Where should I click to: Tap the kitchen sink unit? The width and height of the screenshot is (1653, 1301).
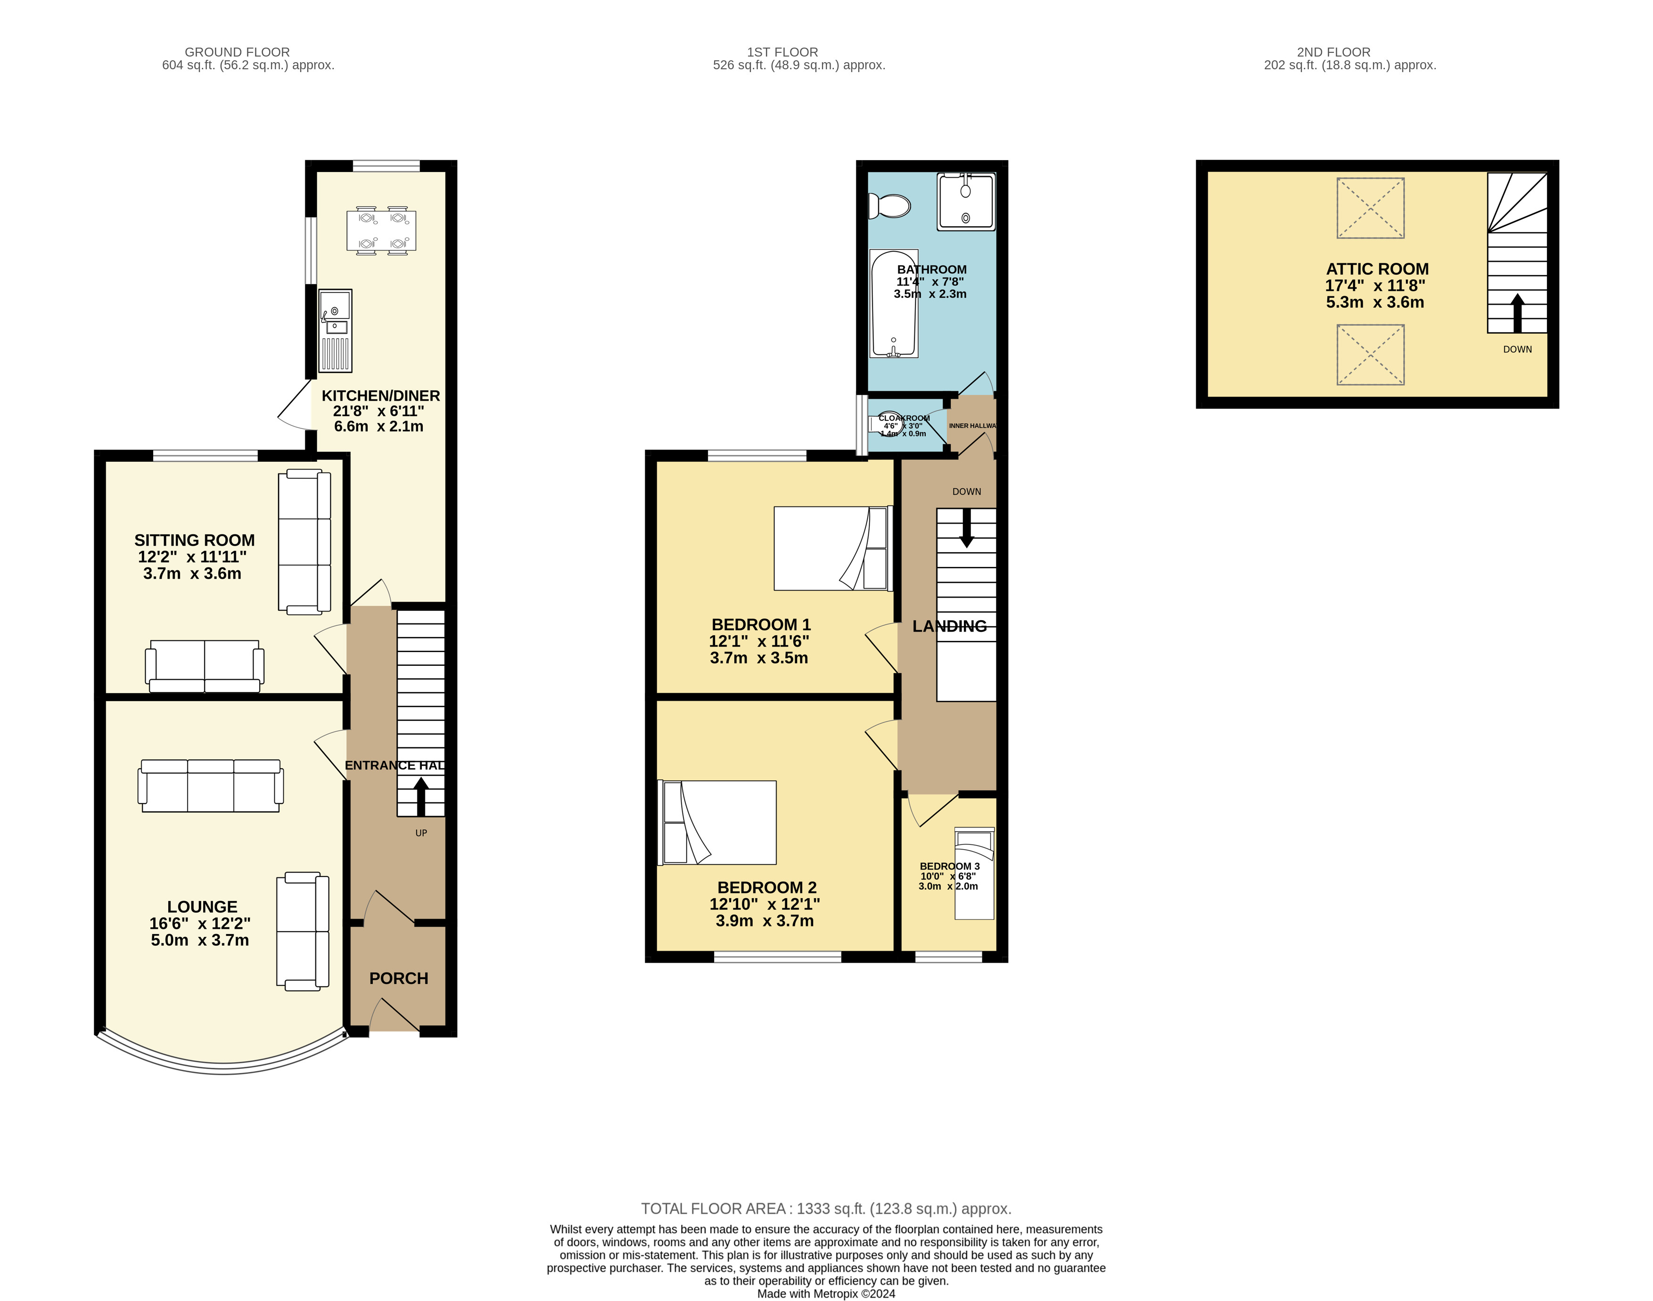click(x=335, y=331)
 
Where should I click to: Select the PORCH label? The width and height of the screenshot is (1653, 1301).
click(x=398, y=978)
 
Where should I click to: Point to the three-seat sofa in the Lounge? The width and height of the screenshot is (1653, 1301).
click(x=210, y=786)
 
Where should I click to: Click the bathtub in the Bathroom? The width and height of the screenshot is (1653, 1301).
click(x=894, y=303)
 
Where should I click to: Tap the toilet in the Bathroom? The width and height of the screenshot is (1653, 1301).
click(x=889, y=205)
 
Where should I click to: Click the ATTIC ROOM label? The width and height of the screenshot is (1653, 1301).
click(x=1377, y=269)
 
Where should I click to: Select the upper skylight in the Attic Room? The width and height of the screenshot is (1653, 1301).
click(x=1370, y=208)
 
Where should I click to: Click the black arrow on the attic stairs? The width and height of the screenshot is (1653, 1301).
click(x=1517, y=313)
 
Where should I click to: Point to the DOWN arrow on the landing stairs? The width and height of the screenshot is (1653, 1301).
click(x=967, y=528)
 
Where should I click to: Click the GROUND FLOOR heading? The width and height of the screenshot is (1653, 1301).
click(x=237, y=52)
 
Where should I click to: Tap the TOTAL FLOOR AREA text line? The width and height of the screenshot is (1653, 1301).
click(x=827, y=1209)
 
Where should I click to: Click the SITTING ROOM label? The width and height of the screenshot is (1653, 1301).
click(x=194, y=540)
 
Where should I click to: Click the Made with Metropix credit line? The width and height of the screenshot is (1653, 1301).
click(x=827, y=1293)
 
